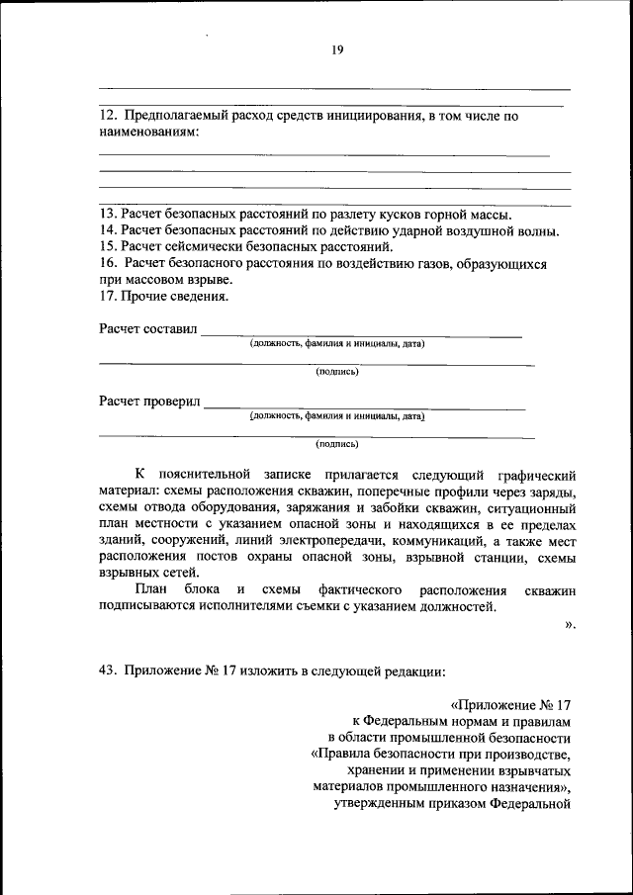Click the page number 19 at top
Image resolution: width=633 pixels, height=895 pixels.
337,51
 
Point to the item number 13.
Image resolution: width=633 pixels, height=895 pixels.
108,215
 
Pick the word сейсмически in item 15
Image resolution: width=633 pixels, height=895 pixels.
201,246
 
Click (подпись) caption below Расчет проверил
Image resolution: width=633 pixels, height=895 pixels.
336,444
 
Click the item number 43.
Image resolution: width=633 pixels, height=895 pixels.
108,670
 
